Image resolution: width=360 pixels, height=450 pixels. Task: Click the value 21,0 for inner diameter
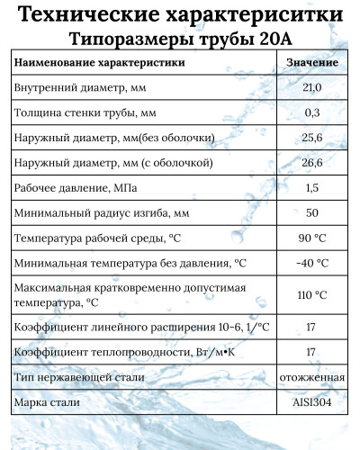tap(312, 87)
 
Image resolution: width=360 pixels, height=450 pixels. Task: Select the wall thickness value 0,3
tap(312, 112)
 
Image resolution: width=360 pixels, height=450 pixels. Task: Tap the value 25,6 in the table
tap(312, 138)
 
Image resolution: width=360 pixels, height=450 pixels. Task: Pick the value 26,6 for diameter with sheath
tap(312, 163)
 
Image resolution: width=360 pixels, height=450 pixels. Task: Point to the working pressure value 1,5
tap(312, 188)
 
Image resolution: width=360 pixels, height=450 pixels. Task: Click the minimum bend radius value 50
tap(312, 213)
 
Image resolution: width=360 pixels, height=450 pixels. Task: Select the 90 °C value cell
tap(312, 238)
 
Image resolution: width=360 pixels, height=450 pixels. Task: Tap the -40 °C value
tap(312, 264)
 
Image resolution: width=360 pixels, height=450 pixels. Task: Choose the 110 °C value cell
tap(312, 295)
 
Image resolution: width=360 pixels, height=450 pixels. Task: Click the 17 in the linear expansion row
tap(312, 327)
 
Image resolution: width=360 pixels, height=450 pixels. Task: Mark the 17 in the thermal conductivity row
tap(312, 352)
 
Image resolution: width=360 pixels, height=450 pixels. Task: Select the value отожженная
tap(312, 377)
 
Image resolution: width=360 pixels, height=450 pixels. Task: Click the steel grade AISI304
tap(312, 402)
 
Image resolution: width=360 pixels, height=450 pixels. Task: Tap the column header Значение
tap(312, 62)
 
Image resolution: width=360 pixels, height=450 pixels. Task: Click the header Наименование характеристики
tap(101, 62)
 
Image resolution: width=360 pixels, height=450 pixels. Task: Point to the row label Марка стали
tap(48, 402)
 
